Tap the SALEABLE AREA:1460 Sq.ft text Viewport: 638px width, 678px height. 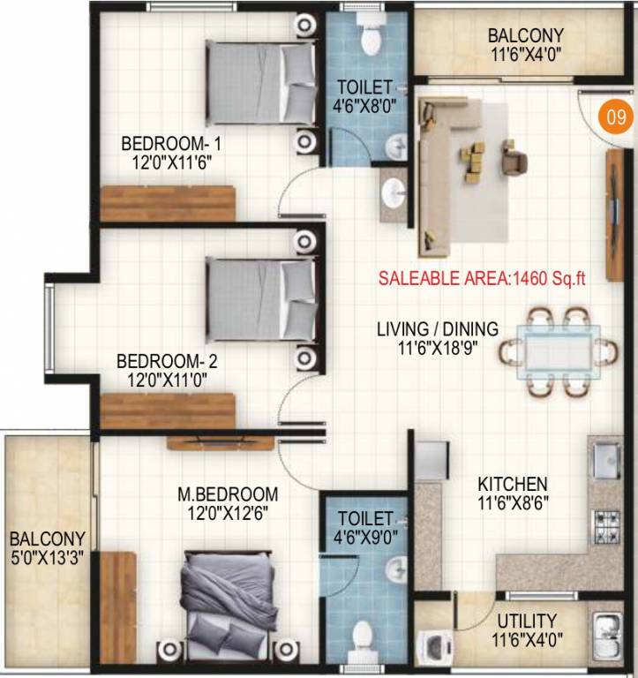coord(483,277)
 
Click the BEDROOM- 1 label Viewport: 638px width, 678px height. coord(167,143)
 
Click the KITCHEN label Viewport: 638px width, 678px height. coord(513,484)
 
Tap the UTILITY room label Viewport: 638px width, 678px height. coord(526,620)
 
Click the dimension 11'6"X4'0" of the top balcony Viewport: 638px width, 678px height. coord(525,54)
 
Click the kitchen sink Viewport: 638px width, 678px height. coord(607,459)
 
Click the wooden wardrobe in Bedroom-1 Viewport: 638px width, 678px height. coord(167,203)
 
